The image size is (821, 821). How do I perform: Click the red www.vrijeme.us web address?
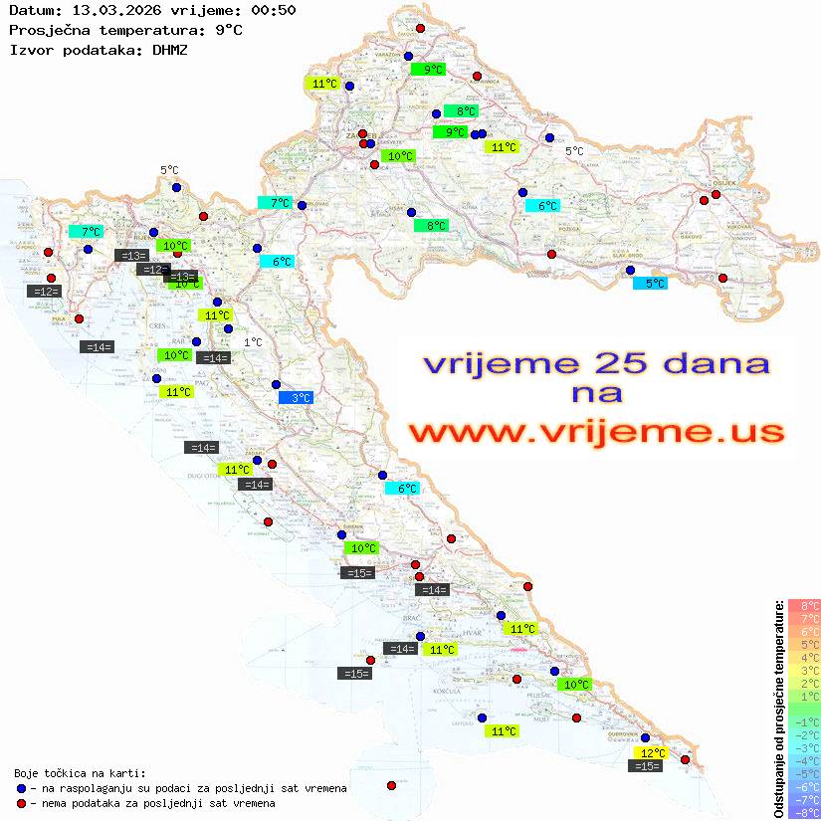point(596,432)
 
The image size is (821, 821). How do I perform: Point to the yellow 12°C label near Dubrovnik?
point(652,753)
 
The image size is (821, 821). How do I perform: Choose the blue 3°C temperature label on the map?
point(296,398)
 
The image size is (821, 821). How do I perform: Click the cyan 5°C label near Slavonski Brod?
point(651,284)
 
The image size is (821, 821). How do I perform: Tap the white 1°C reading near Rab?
point(253,342)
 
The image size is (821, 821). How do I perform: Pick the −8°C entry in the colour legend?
point(804,813)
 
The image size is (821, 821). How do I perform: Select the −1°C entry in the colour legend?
point(804,722)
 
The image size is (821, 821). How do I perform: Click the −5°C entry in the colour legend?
point(804,774)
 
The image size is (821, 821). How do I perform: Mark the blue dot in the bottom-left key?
point(21,788)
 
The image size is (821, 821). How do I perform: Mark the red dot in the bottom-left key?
point(21,803)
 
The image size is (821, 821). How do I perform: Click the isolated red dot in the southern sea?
point(391,785)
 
